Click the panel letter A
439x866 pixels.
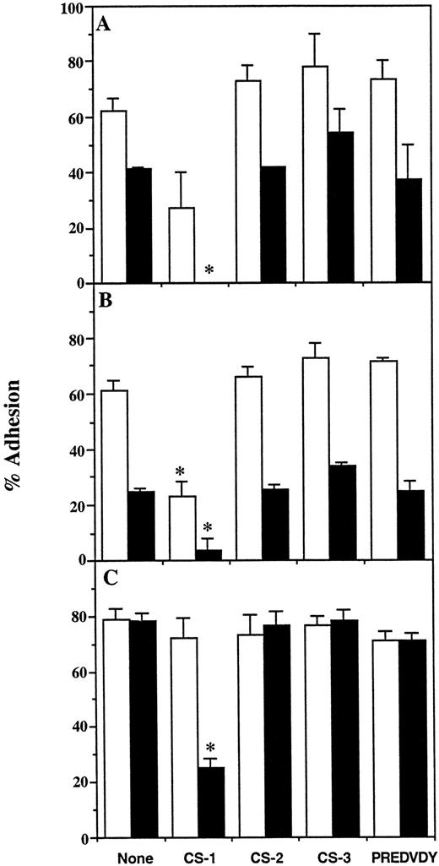pyautogui.click(x=105, y=25)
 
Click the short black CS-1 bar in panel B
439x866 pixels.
pyautogui.click(x=208, y=554)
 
